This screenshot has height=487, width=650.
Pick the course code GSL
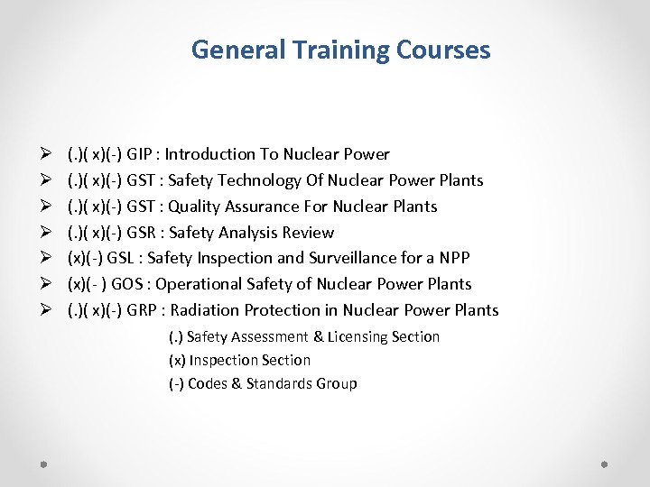click(119, 258)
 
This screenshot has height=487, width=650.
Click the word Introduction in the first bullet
click(209, 154)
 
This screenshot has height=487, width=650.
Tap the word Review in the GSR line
click(307, 233)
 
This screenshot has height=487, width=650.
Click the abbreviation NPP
click(452, 258)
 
